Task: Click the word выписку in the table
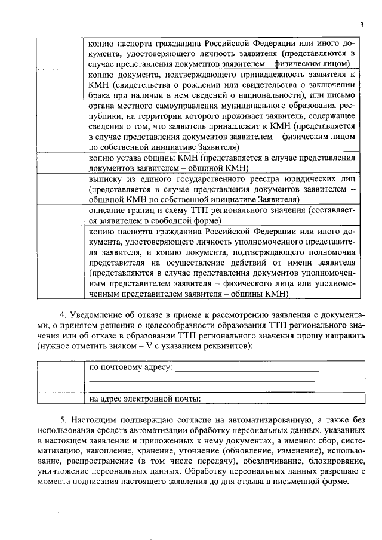pyautogui.click(x=105, y=179)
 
